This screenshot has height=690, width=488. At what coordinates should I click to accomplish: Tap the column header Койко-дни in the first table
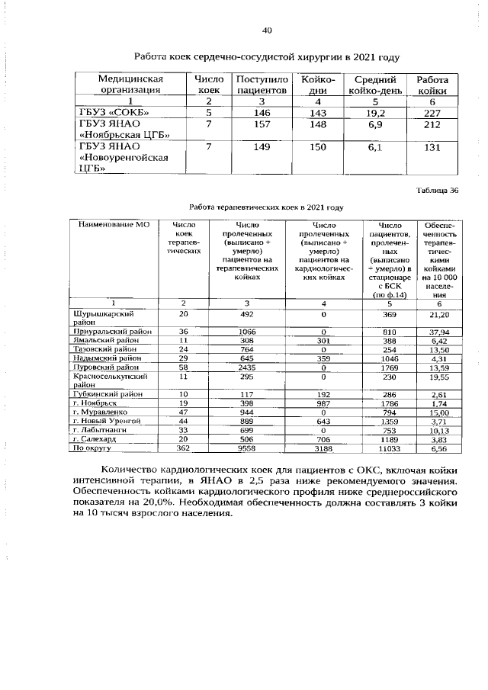[318, 85]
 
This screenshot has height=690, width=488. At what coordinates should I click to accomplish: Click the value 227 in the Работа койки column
[432, 112]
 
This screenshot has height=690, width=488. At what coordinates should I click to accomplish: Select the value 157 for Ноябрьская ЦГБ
[262, 124]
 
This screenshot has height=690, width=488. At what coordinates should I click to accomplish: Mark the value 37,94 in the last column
[438, 332]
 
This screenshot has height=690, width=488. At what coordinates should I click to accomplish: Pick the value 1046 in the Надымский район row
[390, 358]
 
